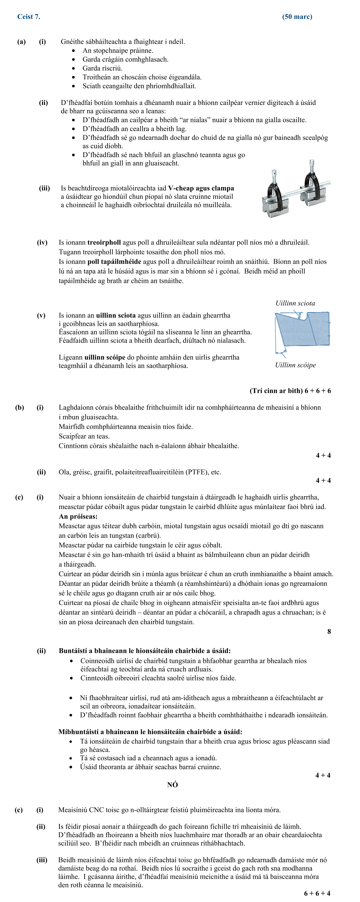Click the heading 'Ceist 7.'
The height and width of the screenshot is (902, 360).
tap(29, 16)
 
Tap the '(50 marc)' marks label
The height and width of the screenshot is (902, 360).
tap(297, 16)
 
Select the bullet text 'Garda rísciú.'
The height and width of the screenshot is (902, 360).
tap(102, 68)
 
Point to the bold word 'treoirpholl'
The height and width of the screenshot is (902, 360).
tap(104, 242)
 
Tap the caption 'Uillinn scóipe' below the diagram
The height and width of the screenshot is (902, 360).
tap(295, 365)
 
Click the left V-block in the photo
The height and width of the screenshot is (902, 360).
tap(275, 205)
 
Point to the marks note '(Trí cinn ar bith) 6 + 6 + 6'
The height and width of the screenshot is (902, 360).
tap(290, 391)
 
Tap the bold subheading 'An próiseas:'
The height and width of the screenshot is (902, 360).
tap(78, 516)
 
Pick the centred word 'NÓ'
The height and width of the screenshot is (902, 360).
tap(172, 785)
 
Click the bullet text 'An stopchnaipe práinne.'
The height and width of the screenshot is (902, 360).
tap(118, 50)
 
